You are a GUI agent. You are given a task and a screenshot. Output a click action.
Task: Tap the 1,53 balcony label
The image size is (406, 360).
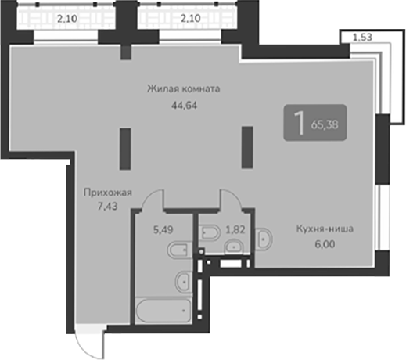coord(361,36)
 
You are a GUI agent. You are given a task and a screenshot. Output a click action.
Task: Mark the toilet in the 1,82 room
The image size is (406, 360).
coord(210,233)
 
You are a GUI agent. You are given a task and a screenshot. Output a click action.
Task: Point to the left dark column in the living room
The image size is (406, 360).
coord(124,148)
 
